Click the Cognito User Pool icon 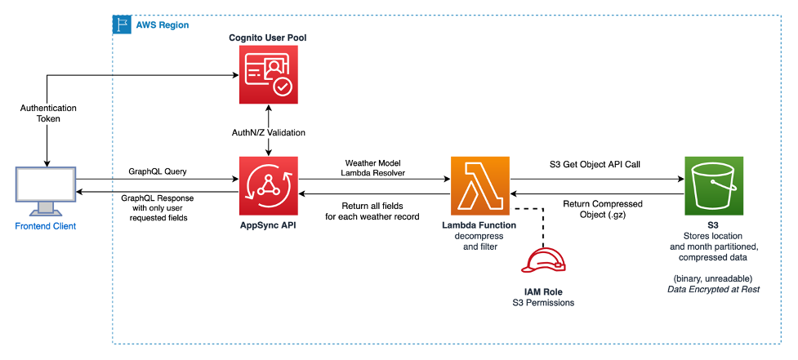point(269,75)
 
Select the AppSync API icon point(269,185)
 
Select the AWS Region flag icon point(120,24)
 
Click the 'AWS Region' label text point(163,25)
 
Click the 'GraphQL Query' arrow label point(157,172)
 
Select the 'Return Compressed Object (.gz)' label point(604,209)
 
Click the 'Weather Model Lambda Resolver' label point(377,167)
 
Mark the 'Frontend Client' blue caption point(45,226)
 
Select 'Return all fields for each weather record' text point(377,210)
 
